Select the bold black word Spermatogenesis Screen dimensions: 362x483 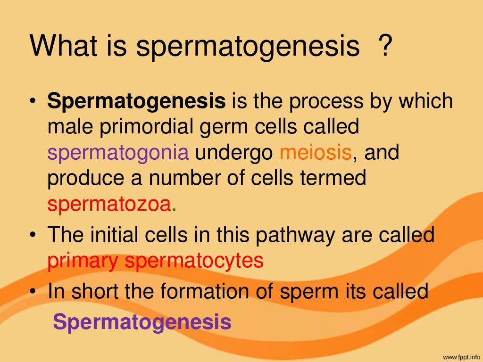137,101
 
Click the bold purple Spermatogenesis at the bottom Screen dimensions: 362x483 142,321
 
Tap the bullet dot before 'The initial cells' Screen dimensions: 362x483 33,235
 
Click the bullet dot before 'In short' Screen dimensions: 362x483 33,292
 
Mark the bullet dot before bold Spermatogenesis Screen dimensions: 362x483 33,101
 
